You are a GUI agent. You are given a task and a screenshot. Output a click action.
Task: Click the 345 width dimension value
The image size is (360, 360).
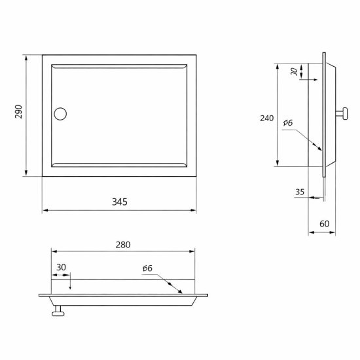(120, 202)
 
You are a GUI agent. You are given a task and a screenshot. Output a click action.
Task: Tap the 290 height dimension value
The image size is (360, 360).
(18, 111)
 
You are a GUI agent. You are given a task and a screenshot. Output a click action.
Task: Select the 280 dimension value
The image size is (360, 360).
(123, 245)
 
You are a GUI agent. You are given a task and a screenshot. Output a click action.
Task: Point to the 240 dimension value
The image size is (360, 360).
(267, 118)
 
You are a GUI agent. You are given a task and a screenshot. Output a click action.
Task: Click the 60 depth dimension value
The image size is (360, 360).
(324, 224)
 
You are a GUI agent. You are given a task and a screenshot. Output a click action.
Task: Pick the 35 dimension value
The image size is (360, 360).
(300, 192)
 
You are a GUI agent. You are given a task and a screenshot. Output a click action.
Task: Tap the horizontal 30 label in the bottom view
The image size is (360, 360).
(61, 267)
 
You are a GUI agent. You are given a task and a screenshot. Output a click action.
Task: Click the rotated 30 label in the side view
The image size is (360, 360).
(294, 72)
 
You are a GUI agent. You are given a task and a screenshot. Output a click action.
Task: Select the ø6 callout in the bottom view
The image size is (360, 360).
(147, 268)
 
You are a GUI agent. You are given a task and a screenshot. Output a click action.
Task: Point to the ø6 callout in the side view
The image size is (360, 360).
(288, 123)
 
